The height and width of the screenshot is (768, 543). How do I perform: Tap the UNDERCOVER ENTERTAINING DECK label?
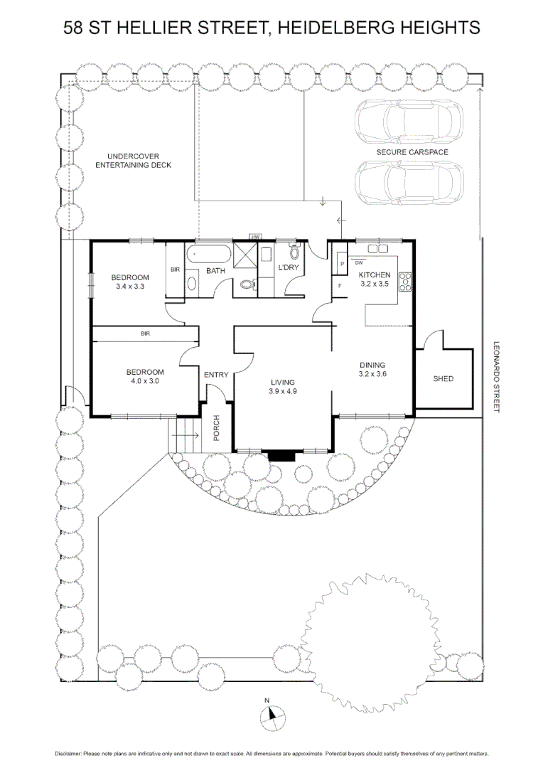[134, 161]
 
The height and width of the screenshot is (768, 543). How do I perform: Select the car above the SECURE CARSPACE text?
[410, 120]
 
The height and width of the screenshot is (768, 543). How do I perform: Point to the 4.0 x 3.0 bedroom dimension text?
[144, 381]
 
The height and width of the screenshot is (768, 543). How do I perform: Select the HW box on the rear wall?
[255, 237]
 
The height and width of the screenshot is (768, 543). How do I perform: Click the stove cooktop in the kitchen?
[407, 282]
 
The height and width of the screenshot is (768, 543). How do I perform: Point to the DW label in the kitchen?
[359, 262]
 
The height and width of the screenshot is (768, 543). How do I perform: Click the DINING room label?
[372, 365]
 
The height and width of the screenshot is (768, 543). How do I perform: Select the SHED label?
[443, 379]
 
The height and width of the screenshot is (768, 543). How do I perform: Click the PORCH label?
[216, 427]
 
